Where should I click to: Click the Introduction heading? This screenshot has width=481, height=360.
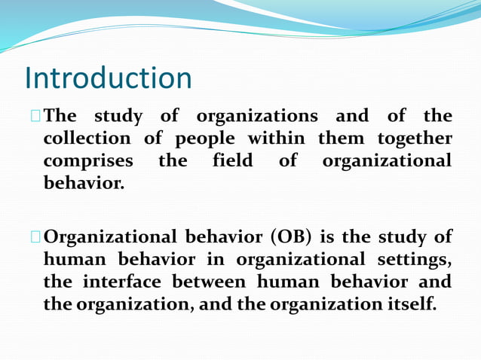coord(109,78)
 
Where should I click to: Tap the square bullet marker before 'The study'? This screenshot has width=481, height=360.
coord(35,117)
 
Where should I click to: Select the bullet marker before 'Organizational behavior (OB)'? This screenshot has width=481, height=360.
coord(35,237)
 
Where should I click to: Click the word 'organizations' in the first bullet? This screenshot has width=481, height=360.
coord(257,117)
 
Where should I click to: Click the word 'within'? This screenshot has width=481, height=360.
coord(276,139)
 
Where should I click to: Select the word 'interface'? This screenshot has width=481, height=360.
coord(124,282)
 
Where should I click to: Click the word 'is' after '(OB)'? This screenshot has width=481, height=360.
coord(326,237)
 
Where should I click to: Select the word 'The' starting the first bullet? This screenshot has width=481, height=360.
coord(60,117)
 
